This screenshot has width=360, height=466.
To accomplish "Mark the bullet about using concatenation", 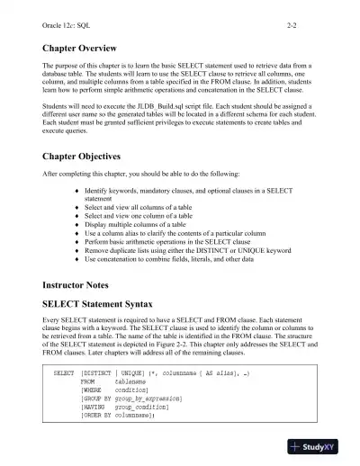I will point(172,259).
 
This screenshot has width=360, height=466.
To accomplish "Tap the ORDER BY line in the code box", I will point(118,415).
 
